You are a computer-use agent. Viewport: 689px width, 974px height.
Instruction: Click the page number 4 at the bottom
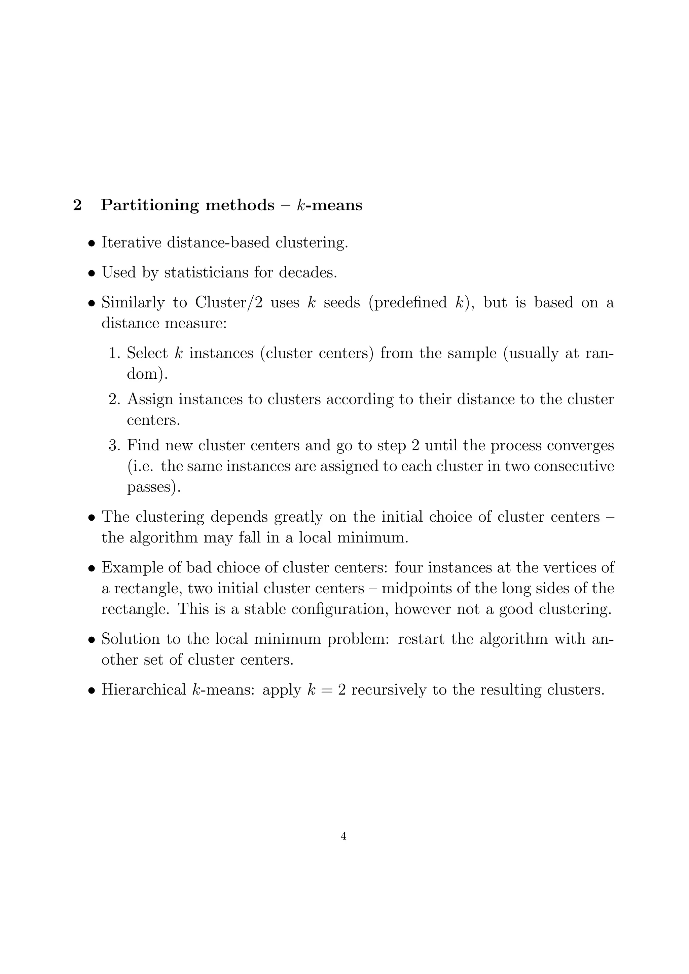click(343, 836)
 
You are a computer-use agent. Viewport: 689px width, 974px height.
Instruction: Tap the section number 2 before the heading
click(77, 205)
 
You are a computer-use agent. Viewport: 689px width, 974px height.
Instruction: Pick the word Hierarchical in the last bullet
click(144, 690)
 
